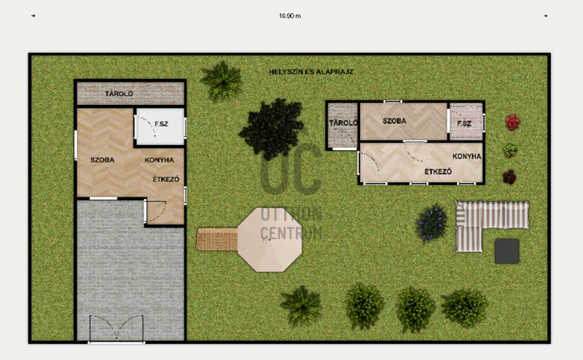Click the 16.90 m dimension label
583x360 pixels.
point(290,16)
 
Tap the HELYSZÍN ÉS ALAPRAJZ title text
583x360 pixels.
point(311,71)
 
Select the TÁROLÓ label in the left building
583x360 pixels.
point(119,94)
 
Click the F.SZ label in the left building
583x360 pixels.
point(161,124)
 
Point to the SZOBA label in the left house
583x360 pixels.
point(102,160)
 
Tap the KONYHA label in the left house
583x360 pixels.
point(159,160)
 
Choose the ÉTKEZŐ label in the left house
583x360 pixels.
point(166,179)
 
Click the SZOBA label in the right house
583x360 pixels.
point(394,121)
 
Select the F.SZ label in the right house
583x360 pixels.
point(464,123)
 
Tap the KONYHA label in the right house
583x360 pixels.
point(466,156)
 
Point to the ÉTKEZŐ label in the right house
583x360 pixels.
point(439,171)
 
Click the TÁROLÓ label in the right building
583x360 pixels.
point(343,122)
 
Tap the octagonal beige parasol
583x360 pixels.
point(270,240)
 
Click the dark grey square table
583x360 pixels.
point(507,251)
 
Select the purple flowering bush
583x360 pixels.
point(431,222)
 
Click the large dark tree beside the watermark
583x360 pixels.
point(272,128)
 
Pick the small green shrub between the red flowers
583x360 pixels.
point(510,150)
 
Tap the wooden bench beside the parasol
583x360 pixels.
point(216,239)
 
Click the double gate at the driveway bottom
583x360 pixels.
point(117,328)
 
